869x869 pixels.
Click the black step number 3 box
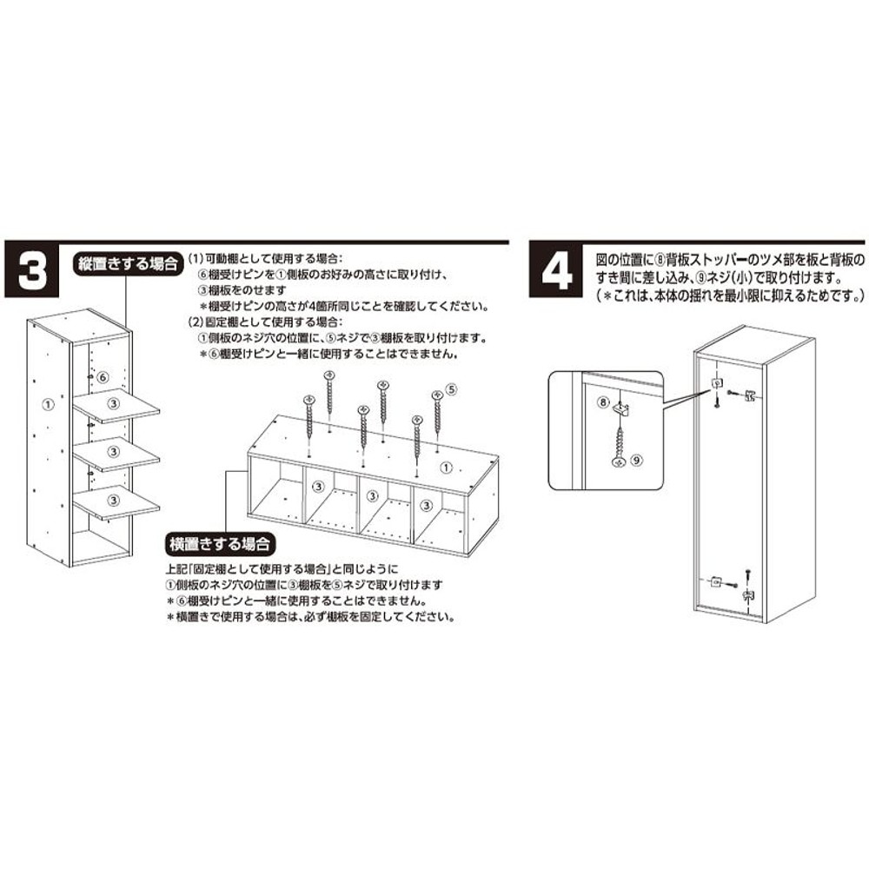coord(32,272)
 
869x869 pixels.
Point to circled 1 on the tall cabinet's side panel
coord(49,404)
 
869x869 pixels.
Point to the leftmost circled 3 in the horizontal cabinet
coord(319,485)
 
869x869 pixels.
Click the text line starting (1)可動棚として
coord(266,258)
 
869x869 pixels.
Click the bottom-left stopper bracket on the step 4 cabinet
coord(715,581)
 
